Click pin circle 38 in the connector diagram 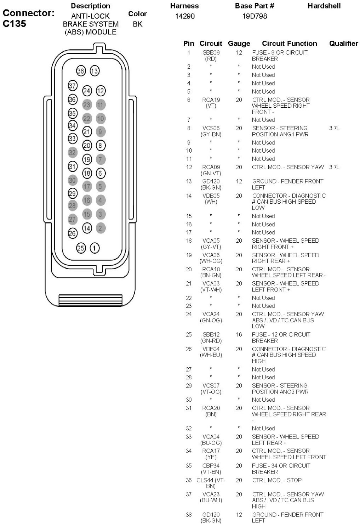(x=81, y=71)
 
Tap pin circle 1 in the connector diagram (x=95, y=248)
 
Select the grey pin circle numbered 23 (x=87, y=104)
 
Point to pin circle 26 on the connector (x=73, y=233)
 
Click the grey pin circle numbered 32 (x=73, y=152)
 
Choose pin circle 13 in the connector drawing (x=95, y=71)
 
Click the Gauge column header (x=239, y=44)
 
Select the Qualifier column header (x=343, y=44)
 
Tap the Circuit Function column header (x=289, y=44)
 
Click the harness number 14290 (x=185, y=16)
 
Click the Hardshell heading (x=324, y=6)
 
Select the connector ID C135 (x=15, y=24)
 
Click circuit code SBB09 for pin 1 (x=211, y=52)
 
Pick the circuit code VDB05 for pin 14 (x=211, y=196)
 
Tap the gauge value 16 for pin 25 (x=239, y=334)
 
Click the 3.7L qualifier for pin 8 (x=334, y=128)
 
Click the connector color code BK (x=137, y=24)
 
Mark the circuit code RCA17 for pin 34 (x=211, y=451)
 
